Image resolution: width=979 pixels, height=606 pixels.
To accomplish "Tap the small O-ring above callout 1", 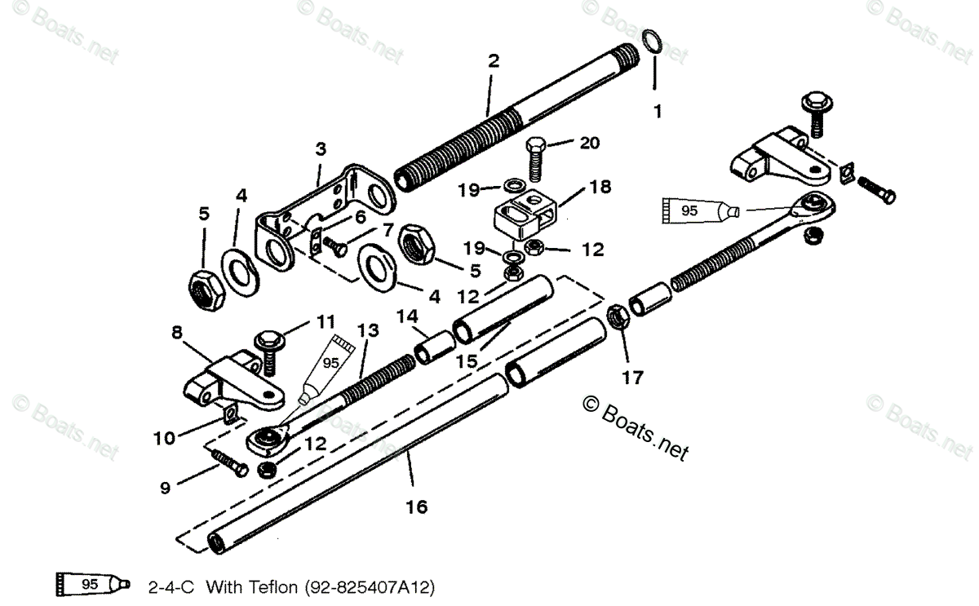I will (651, 41).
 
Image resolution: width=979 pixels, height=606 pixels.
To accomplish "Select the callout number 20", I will (589, 144).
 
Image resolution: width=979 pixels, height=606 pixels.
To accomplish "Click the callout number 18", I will (600, 187).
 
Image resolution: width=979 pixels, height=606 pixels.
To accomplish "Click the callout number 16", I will (416, 506).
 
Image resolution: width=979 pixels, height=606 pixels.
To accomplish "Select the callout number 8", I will (177, 334).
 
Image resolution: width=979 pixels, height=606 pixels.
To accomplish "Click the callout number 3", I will (321, 149).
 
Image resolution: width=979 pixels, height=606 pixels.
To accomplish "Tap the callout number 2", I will (493, 60).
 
